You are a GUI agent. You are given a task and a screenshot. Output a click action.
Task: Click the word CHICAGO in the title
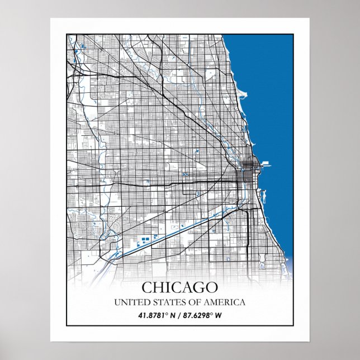click(x=179, y=287)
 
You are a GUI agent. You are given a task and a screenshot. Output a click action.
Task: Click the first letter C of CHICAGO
click(x=147, y=287)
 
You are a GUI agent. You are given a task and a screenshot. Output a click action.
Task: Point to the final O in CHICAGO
click(x=211, y=287)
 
